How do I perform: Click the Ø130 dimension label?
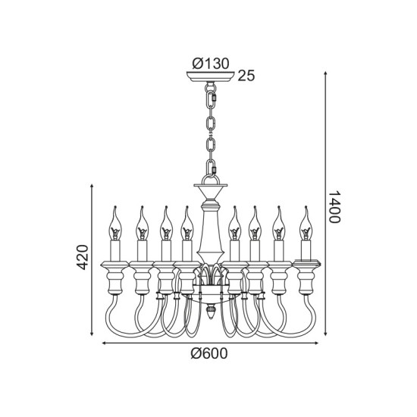click(211, 64)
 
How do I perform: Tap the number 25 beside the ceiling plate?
click(246, 76)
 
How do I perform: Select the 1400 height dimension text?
click(334, 207)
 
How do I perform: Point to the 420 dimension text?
click(82, 257)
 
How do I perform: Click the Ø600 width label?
click(209, 353)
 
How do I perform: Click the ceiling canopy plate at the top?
click(210, 77)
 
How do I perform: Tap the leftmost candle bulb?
click(115, 224)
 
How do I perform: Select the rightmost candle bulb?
click(306, 224)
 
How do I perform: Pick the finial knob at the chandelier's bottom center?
click(210, 312)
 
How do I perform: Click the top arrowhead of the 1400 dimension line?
click(325, 74)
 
